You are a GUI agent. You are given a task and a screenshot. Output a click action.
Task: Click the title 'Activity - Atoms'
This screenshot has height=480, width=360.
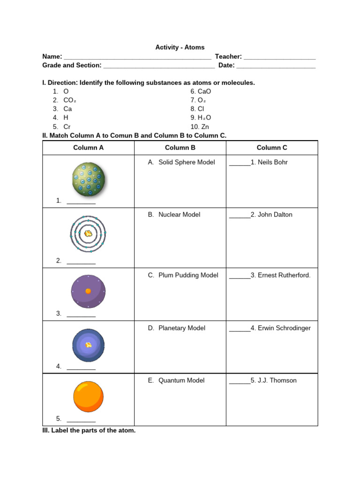click(x=180, y=48)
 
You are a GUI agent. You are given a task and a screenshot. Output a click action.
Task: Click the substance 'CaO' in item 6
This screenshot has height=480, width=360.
click(x=204, y=92)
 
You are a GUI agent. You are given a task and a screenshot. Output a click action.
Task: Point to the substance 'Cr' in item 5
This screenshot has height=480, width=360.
click(x=67, y=127)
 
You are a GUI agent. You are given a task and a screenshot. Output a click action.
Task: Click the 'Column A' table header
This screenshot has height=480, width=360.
click(x=89, y=148)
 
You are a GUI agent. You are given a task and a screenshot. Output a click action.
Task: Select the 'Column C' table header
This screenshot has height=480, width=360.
click(x=272, y=148)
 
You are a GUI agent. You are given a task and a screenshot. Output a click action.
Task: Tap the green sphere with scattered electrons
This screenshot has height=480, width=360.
click(x=88, y=179)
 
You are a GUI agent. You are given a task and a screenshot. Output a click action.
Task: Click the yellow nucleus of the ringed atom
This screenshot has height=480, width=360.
click(x=88, y=233)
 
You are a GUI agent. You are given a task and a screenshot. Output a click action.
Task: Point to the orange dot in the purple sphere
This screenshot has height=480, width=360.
click(x=88, y=291)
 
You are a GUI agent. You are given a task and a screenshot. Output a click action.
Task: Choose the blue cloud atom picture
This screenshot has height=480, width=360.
click(x=88, y=345)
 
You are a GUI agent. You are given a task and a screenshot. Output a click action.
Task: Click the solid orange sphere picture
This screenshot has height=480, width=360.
click(x=88, y=397)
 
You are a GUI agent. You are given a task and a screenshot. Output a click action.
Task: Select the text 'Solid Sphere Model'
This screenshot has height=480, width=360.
click(x=187, y=162)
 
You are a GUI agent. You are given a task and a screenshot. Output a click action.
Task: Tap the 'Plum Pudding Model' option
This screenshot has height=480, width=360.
click(x=188, y=275)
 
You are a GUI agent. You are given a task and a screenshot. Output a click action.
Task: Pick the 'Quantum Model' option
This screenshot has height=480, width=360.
click(x=181, y=381)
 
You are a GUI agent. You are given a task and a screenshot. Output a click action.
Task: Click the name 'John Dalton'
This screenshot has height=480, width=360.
click(x=275, y=215)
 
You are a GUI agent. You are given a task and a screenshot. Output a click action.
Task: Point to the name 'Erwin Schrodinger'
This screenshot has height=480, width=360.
click(x=284, y=328)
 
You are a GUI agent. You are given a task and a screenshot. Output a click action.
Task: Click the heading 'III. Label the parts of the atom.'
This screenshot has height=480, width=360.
click(x=89, y=430)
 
